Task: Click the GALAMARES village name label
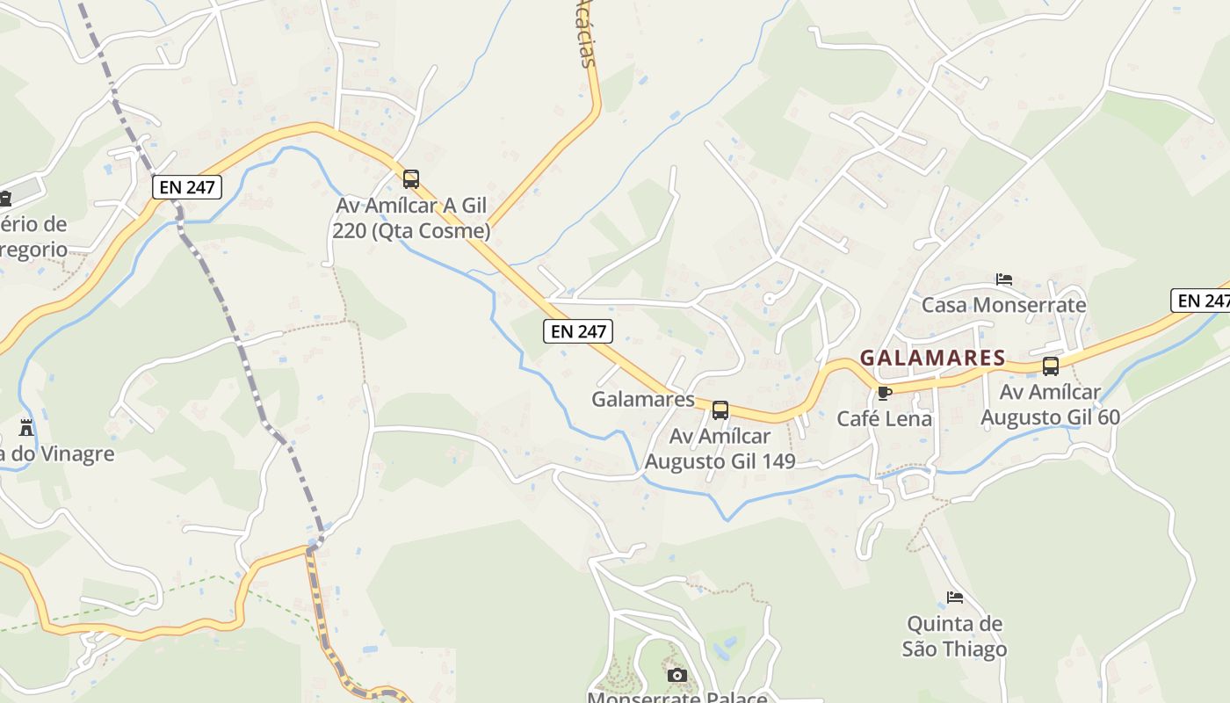pyautogui.click(x=932, y=358)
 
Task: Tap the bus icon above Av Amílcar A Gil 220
pyautogui.click(x=411, y=179)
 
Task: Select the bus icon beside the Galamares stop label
pyautogui.click(x=720, y=409)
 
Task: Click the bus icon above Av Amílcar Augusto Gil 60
pyautogui.click(x=1050, y=366)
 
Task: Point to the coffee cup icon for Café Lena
pyautogui.click(x=884, y=393)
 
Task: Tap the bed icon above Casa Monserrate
pyautogui.click(x=1004, y=279)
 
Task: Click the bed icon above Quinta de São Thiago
pyautogui.click(x=955, y=598)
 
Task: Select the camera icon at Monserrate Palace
pyautogui.click(x=676, y=675)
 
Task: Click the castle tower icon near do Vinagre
pyautogui.click(x=26, y=428)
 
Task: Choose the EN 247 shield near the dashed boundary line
pyautogui.click(x=186, y=186)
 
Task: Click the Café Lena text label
pyautogui.click(x=884, y=418)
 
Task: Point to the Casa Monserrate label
pyautogui.click(x=1003, y=305)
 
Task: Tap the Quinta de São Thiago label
pyautogui.click(x=954, y=636)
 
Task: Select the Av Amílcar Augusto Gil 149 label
pyautogui.click(x=720, y=448)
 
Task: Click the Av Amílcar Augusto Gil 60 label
pyautogui.click(x=1050, y=404)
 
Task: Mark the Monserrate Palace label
pyautogui.click(x=676, y=698)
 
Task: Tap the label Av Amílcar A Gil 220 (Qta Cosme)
pyautogui.click(x=411, y=218)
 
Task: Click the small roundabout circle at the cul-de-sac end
pyautogui.click(x=770, y=299)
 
